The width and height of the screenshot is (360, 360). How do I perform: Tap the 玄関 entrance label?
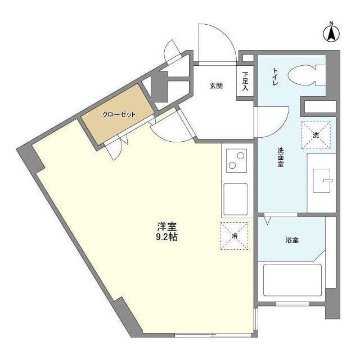[x=216, y=86]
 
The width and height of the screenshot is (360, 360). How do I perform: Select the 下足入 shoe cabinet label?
[x=245, y=81]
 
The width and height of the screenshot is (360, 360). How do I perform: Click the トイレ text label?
[x=275, y=76]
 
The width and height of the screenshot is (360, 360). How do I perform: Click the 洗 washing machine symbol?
[x=316, y=135]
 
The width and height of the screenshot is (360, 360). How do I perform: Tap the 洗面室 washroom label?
[x=281, y=157]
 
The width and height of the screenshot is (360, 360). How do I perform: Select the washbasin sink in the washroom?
[x=322, y=181]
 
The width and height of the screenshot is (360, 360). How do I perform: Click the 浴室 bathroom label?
[x=292, y=240]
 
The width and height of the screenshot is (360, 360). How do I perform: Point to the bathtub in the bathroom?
[x=292, y=280]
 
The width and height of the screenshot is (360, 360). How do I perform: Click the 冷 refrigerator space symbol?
[x=234, y=236]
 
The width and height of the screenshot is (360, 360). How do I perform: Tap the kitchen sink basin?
[x=235, y=199]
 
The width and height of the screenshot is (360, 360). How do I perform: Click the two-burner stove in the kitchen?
[x=236, y=160]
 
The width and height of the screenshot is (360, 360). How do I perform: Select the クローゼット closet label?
[x=119, y=114]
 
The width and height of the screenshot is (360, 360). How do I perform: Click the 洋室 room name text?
[x=167, y=227]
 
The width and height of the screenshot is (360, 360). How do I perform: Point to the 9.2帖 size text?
[x=167, y=237]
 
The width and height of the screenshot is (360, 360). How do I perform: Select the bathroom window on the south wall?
[x=292, y=304]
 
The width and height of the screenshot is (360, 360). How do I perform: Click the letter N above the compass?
[x=331, y=23]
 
